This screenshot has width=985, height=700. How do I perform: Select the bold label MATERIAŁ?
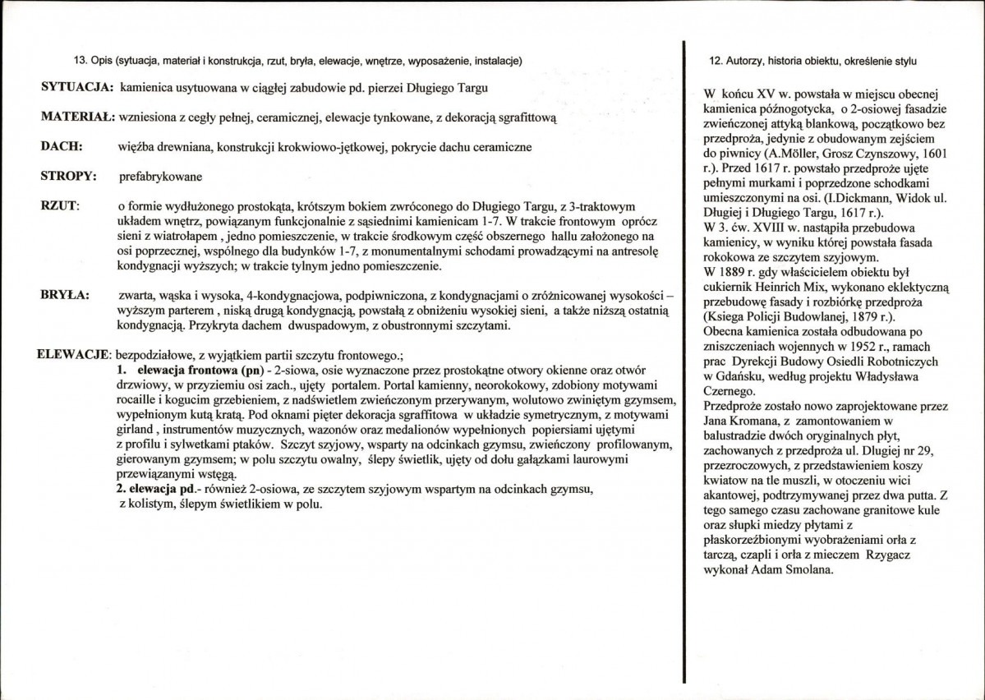(x=76, y=117)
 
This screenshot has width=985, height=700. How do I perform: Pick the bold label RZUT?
(x=58, y=205)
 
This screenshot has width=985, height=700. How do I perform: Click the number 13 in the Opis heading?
(x=81, y=62)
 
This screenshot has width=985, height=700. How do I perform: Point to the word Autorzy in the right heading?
(x=744, y=62)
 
